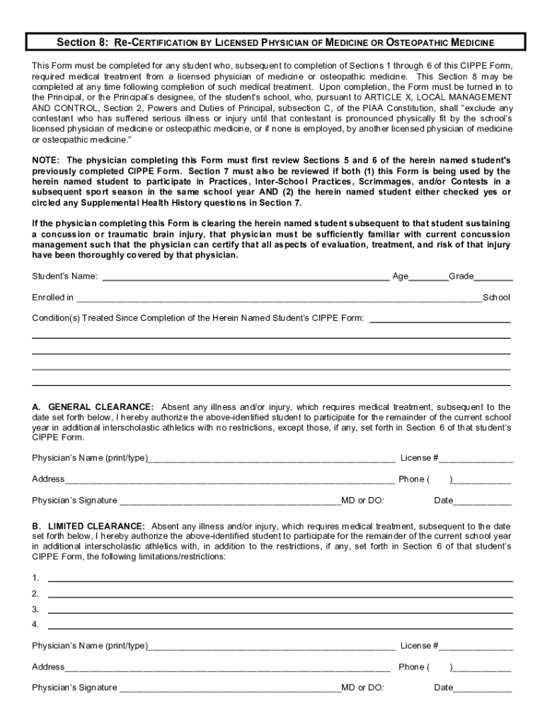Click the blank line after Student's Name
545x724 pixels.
[x=246, y=276]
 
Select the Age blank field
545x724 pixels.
[x=428, y=276]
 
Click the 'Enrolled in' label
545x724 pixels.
[x=52, y=297]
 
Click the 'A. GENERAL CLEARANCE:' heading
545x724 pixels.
[x=92, y=407]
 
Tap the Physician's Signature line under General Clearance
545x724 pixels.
[x=229, y=501]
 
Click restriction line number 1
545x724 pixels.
[x=280, y=578]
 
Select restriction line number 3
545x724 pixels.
[x=280, y=609]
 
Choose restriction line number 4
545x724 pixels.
[x=280, y=625]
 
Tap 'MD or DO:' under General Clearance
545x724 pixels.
[x=362, y=501]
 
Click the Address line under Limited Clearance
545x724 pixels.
[x=226, y=667]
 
